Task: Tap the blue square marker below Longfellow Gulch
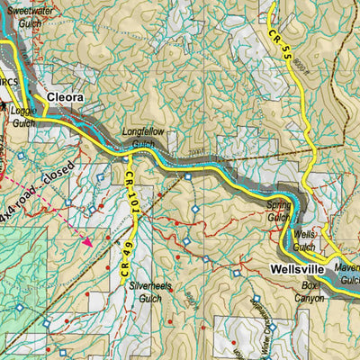point(187,176)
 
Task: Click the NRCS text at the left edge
point(8,82)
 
